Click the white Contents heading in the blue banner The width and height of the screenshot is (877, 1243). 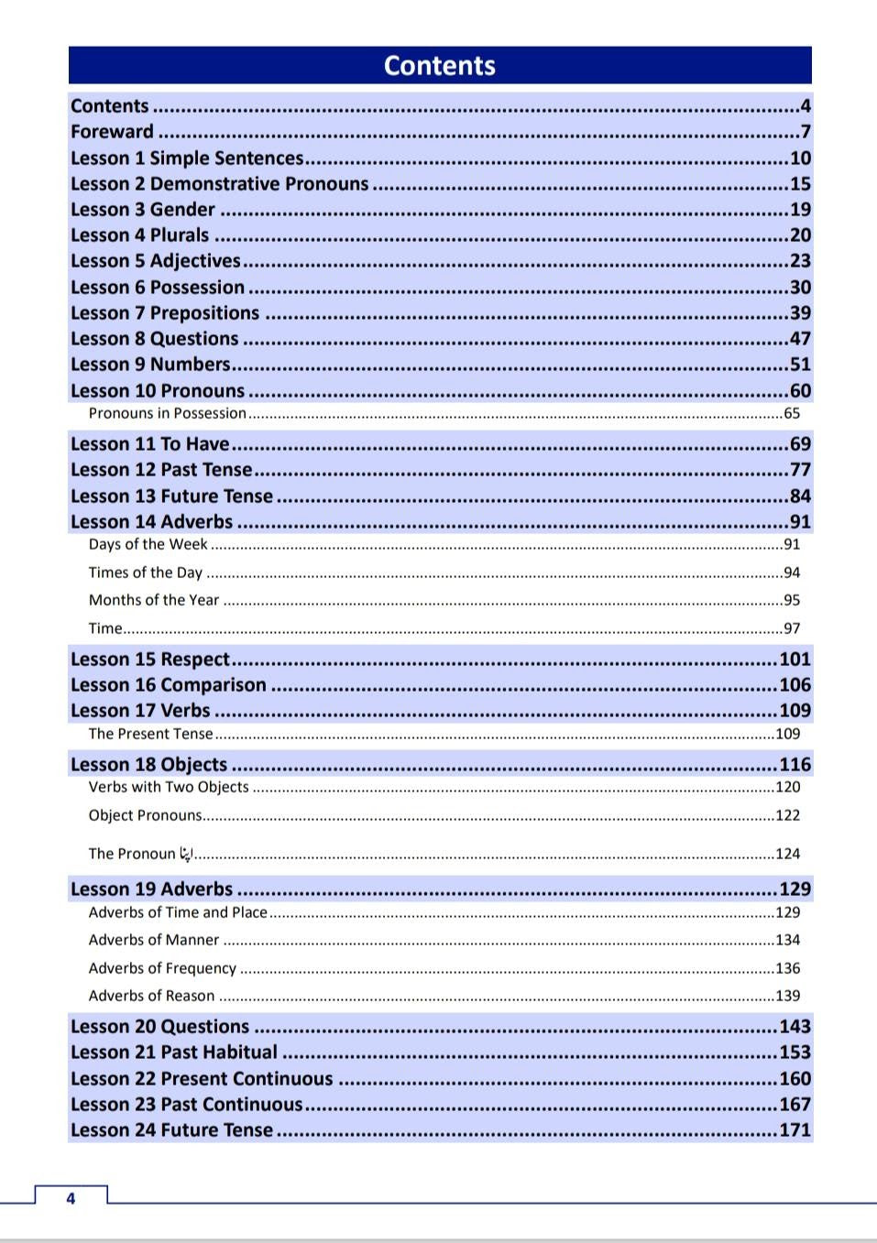pos(439,66)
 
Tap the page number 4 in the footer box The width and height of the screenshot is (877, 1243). pos(71,1198)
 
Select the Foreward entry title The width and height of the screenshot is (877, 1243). pos(112,132)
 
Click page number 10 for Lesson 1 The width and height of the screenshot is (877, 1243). pos(800,158)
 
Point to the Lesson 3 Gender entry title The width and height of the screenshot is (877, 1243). pos(143,210)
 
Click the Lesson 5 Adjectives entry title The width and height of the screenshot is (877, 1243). pos(155,261)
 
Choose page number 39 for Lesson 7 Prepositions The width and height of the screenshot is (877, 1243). pos(800,313)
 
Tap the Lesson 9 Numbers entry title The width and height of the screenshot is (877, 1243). pos(150,365)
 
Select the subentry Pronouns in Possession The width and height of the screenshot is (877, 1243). pos(167,414)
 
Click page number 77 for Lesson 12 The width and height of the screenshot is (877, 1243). pos(800,470)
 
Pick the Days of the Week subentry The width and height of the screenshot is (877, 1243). pos(148,545)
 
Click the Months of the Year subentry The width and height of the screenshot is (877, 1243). pos(154,601)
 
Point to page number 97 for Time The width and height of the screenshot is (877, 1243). pos(792,629)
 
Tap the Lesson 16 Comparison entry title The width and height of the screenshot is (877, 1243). pos(169,685)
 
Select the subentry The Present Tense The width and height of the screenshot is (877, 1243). pos(150,735)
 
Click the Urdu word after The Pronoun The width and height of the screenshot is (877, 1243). pos(186,854)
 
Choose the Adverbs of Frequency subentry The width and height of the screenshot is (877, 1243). pos(162,969)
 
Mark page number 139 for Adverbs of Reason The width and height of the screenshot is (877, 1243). pos(787,997)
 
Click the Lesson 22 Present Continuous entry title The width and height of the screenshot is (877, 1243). pos(202,1079)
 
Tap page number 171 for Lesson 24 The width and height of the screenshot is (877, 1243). pos(795,1130)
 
